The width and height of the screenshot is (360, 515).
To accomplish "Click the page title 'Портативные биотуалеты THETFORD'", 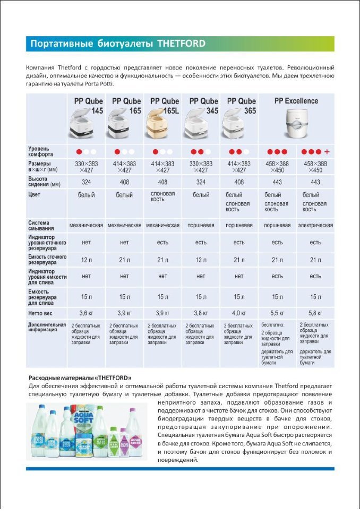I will point(117,44).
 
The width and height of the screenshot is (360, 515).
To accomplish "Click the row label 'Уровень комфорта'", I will point(40,151).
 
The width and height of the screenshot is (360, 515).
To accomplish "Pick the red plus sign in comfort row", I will point(327,151).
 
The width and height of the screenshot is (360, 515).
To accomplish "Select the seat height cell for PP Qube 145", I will point(86,182).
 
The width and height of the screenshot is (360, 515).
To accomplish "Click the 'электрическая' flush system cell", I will point(315,225).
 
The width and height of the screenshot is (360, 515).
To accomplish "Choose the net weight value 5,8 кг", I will point(315,313).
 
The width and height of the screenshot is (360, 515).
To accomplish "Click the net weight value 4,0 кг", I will point(239,313).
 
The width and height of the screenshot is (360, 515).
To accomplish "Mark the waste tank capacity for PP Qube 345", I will point(201,260).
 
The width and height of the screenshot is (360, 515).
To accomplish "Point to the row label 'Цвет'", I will point(35,194).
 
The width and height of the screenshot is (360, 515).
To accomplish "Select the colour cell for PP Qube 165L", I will point(162,197).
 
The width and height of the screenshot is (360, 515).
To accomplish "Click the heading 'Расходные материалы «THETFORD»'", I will point(79,377).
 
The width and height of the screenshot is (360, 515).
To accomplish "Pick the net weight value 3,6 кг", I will point(86,313).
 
